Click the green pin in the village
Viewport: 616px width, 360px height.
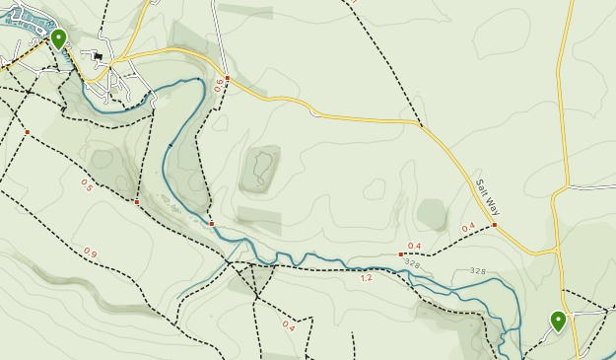[x=59, y=38]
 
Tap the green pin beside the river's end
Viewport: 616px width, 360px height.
[x=558, y=321]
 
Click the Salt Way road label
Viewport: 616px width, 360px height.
[x=488, y=196]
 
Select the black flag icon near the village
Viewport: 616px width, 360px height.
[x=98, y=57]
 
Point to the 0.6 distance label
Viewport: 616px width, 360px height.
[x=219, y=86]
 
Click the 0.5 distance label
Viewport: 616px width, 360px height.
[x=86, y=184]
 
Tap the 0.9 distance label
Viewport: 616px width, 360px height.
[x=90, y=253]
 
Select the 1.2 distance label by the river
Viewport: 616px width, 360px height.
[x=366, y=278]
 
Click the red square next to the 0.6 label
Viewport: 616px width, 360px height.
[x=228, y=78]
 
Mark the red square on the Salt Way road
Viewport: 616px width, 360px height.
[x=495, y=225]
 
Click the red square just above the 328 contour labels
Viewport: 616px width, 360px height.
[x=401, y=254]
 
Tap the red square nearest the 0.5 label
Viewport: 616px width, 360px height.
[x=137, y=202]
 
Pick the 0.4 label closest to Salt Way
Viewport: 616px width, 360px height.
[x=468, y=227]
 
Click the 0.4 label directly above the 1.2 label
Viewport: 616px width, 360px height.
[x=414, y=246]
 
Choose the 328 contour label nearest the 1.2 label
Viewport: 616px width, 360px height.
[x=412, y=264]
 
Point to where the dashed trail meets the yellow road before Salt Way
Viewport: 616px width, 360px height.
[x=421, y=124]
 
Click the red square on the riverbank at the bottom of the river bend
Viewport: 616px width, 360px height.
[x=212, y=224]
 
